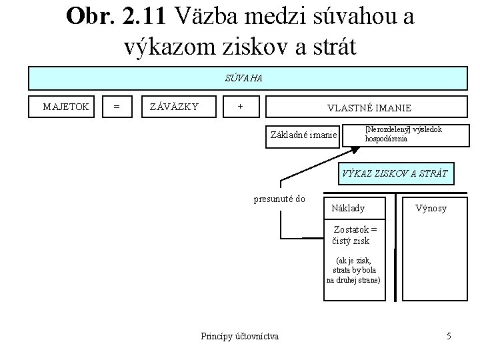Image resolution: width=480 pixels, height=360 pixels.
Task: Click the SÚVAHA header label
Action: (243, 79)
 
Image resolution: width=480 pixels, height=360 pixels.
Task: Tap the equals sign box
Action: (117, 105)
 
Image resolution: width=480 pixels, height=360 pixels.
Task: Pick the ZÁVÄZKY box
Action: (173, 105)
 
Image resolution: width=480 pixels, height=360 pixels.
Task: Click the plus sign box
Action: (240, 105)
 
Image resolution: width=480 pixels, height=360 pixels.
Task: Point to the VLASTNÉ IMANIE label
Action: (369, 107)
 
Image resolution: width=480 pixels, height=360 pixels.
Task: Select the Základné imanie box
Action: (303, 135)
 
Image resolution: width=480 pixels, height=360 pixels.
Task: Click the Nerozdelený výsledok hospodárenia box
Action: (403, 134)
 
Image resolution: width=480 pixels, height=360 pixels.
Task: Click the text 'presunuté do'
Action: (280, 199)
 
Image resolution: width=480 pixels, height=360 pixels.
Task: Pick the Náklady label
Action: (348, 208)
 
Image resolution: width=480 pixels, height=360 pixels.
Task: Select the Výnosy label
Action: (431, 208)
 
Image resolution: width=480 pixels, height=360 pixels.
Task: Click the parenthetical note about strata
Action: (353, 270)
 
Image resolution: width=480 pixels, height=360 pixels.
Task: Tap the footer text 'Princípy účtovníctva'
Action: (240, 335)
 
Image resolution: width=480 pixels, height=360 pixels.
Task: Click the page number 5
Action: (449, 335)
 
